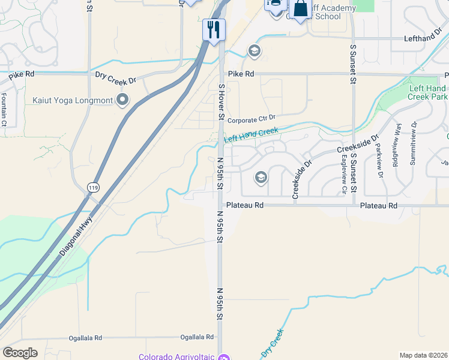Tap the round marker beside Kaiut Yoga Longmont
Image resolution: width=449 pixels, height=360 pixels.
click(x=124, y=100)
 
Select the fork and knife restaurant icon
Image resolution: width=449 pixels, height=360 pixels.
click(x=214, y=29)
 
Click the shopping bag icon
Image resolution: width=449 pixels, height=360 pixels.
click(x=300, y=10)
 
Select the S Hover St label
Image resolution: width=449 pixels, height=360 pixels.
click(x=221, y=102)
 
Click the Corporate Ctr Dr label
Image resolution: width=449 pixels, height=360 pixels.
click(x=251, y=119)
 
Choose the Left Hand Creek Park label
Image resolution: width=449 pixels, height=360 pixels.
click(x=428, y=92)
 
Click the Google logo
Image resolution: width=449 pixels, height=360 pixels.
click(x=20, y=352)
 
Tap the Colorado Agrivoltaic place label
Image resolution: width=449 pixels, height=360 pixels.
click(x=176, y=356)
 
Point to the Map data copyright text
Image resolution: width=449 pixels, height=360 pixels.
click(x=423, y=355)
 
